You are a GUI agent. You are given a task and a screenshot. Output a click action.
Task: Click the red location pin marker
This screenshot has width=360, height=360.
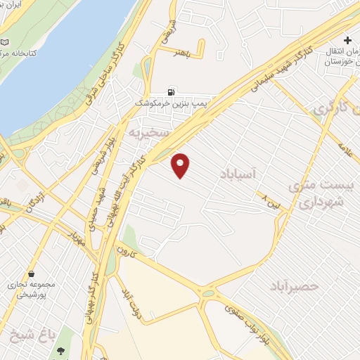tap(181, 164)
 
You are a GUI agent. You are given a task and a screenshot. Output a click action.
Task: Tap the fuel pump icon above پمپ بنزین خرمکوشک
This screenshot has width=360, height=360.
tap(171, 91)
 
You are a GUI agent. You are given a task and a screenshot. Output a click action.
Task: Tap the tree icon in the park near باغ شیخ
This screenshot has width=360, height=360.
tap(61, 349)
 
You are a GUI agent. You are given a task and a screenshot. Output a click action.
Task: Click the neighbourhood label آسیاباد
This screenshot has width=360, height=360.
tap(252, 172)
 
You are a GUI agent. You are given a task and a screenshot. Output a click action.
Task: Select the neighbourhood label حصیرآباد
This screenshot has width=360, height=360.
tap(295, 285)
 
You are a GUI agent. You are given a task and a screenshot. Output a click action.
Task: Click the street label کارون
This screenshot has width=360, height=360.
tap(125, 251)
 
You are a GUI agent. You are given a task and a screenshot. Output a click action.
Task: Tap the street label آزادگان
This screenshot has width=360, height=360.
tap(32, 203)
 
